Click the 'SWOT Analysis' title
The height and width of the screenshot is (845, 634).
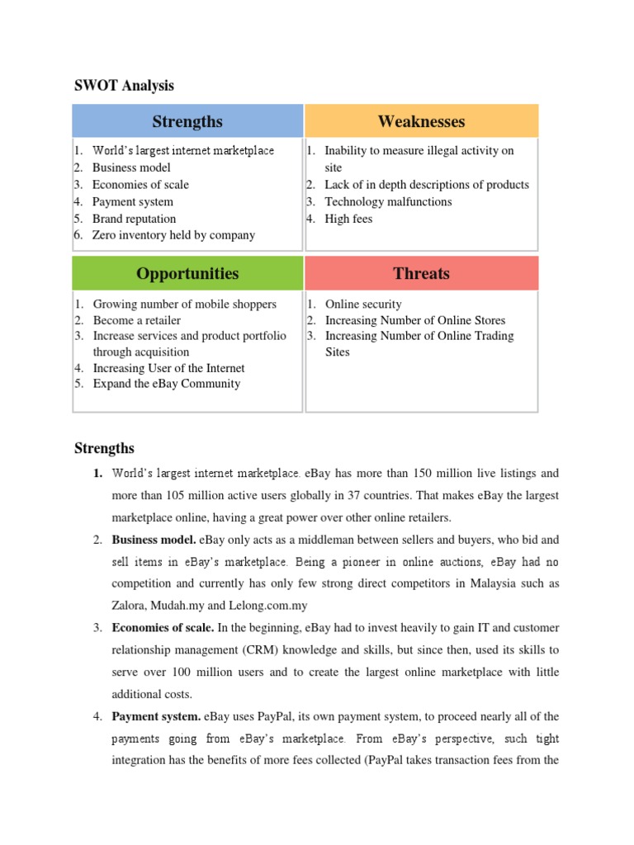coord(124,86)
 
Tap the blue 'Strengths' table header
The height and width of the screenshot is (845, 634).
coord(187,121)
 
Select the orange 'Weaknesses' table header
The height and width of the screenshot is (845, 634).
coord(421,121)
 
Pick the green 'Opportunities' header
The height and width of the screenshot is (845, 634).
coord(187,273)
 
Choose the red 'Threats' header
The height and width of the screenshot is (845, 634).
coord(421,273)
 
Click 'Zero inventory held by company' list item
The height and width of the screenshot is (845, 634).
coord(173,235)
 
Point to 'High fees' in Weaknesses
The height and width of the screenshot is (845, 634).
coord(348,219)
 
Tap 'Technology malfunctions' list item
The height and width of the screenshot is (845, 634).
coord(388,201)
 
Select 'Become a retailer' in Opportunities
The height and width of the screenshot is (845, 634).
coord(137,320)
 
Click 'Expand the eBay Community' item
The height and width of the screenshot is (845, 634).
coord(167,384)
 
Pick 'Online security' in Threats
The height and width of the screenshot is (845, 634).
coord(363,304)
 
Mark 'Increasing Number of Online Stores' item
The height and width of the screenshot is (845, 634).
coord(415,320)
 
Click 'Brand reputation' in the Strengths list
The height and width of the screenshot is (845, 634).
coord(134,219)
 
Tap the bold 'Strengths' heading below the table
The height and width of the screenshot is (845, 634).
coord(104,448)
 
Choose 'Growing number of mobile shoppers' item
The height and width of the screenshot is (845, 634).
coord(185,304)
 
